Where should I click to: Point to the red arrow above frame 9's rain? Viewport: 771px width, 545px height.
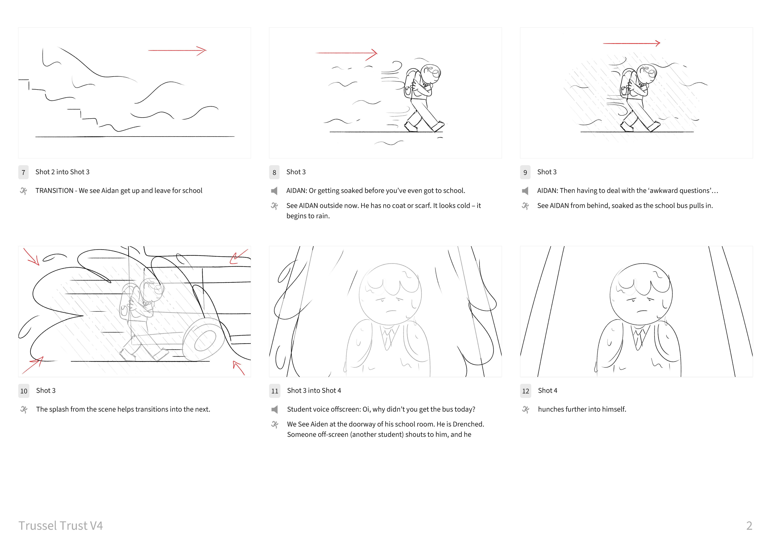pos(631,43)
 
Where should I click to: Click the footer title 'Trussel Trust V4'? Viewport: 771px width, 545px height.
pos(61,525)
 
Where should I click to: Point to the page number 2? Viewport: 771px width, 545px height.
pos(749,525)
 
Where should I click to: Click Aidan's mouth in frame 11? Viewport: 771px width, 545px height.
pos(391,311)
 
